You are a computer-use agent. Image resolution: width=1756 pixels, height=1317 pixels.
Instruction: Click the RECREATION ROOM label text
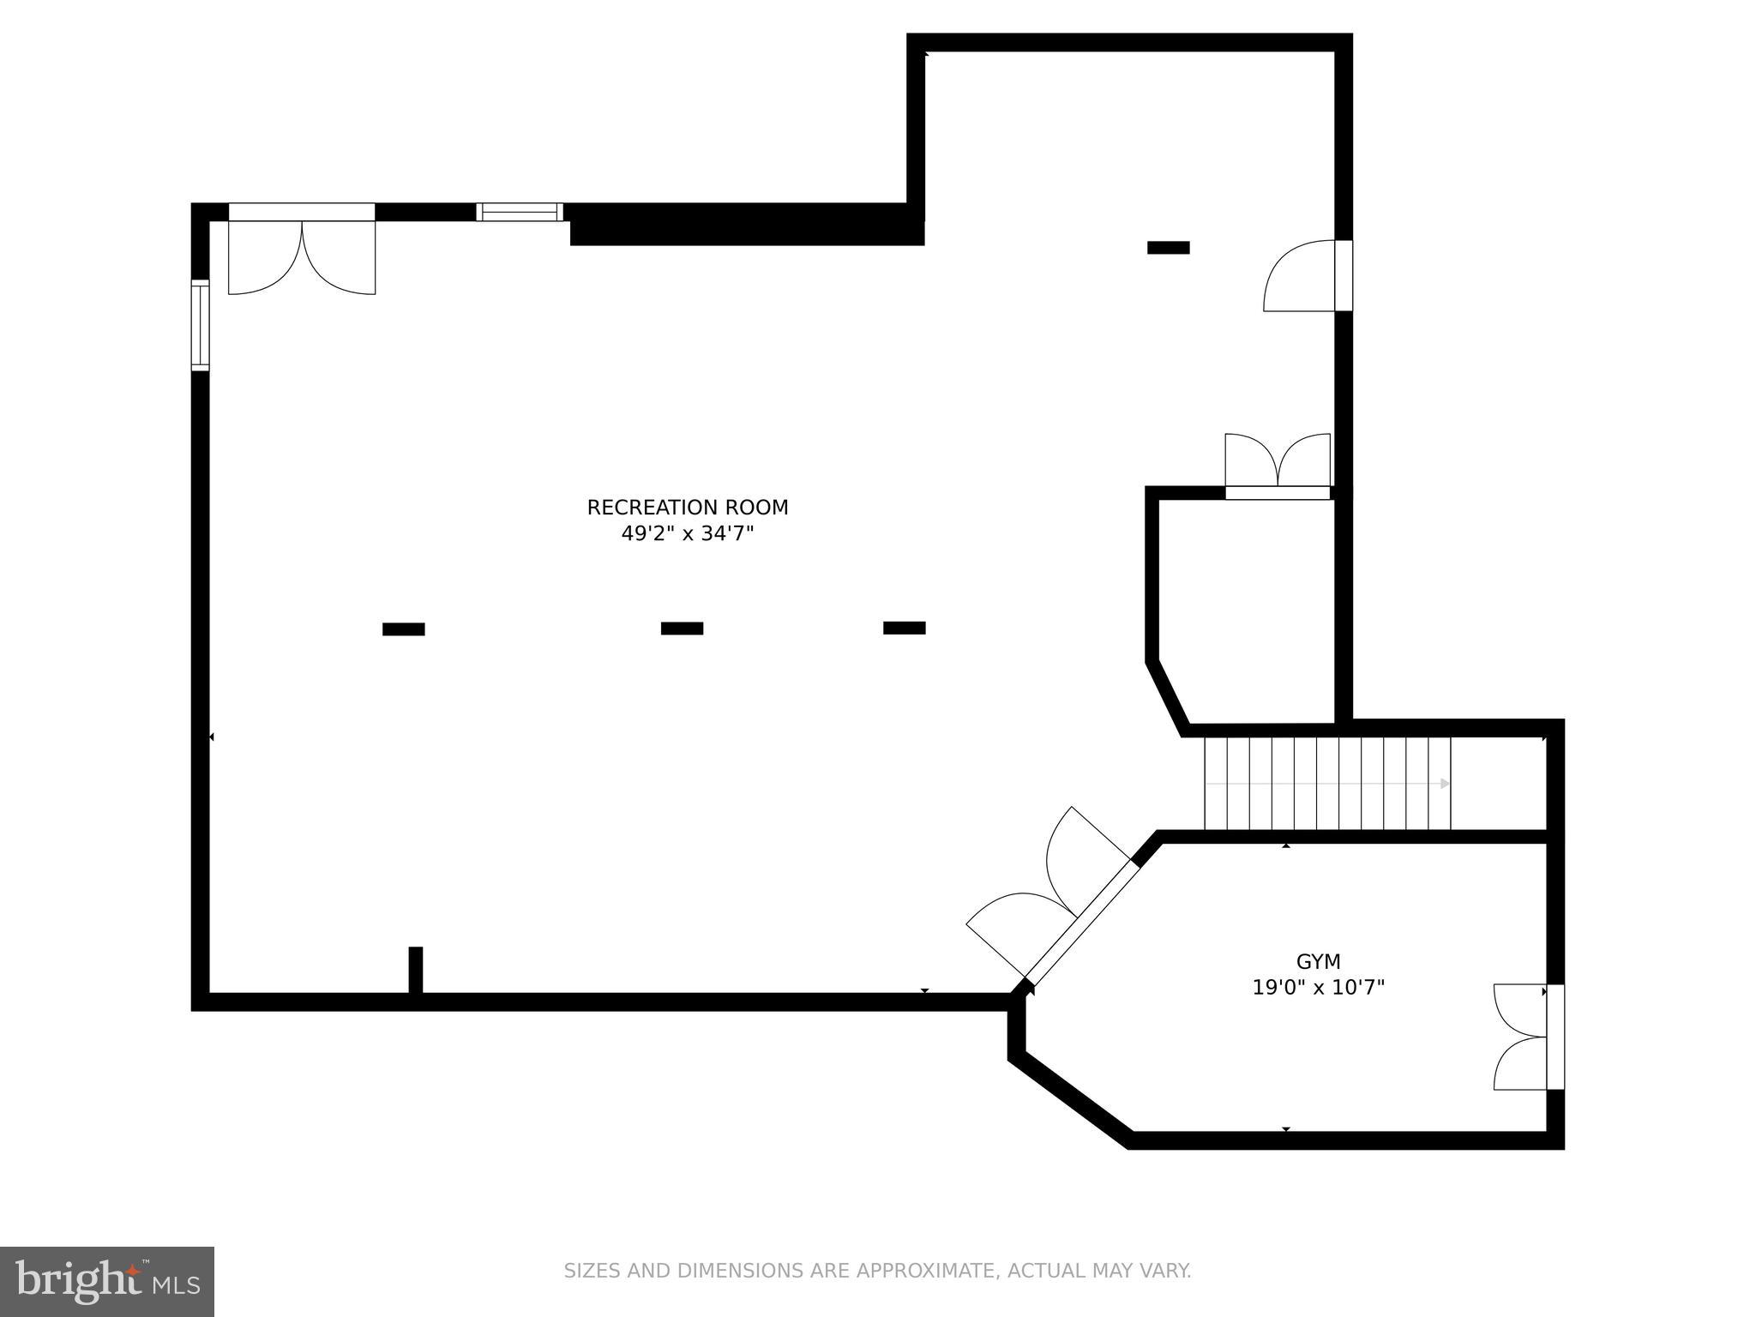click(687, 508)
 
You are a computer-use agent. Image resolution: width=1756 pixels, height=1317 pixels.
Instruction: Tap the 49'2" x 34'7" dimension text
click(687, 534)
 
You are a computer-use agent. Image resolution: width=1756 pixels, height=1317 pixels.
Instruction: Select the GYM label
click(1318, 961)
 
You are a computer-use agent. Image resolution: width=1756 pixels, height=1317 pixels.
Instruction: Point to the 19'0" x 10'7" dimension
click(1318, 988)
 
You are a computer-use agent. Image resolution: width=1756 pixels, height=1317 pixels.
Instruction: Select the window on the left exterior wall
click(200, 326)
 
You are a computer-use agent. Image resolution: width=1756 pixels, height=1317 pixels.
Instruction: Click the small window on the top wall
click(520, 212)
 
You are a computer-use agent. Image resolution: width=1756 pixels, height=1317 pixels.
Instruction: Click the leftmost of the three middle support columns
click(403, 629)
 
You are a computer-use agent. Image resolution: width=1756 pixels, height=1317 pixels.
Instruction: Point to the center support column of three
click(682, 628)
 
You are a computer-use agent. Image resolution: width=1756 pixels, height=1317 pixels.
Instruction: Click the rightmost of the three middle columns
click(904, 628)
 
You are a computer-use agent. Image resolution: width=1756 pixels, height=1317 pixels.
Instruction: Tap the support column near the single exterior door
click(1168, 248)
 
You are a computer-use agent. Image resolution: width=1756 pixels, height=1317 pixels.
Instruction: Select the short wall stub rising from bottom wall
click(416, 970)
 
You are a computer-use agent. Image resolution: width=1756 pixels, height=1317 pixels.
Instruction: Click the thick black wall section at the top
click(746, 226)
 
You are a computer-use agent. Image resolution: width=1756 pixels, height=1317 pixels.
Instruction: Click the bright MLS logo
click(107, 1281)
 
